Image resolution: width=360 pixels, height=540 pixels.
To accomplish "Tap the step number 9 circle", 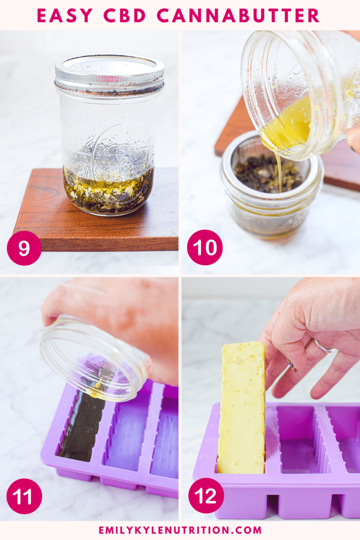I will click(x=24, y=248).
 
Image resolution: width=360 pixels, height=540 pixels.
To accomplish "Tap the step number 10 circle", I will click(x=204, y=248).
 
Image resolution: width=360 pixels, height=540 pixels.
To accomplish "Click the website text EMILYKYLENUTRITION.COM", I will click(x=180, y=530).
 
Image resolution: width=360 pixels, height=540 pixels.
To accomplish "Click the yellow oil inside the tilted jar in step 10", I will click(x=288, y=124).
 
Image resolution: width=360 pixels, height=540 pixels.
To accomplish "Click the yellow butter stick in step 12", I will click(x=241, y=408).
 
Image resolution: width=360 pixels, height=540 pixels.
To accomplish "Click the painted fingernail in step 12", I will click(x=292, y=365).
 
